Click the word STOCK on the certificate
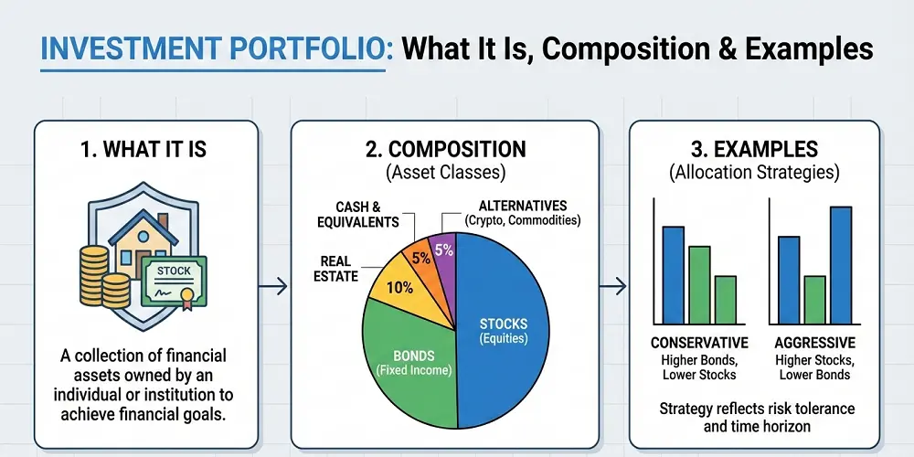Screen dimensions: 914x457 pos(174,271)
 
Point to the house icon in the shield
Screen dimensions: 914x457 pos(143,244)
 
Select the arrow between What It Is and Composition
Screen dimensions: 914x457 pos(272,285)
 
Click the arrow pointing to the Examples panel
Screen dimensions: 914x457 pos(612,285)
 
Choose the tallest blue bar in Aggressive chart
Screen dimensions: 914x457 pos(841,265)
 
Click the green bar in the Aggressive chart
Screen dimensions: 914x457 pos(814,300)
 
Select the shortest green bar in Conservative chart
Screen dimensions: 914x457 pos(725,300)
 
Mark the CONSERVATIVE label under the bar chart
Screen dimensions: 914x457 pos(699,342)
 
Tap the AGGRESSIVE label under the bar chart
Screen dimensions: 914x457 pos(815,342)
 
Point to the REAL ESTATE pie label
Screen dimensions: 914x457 pos(335,269)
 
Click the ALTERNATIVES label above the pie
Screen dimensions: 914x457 pos(522,206)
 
